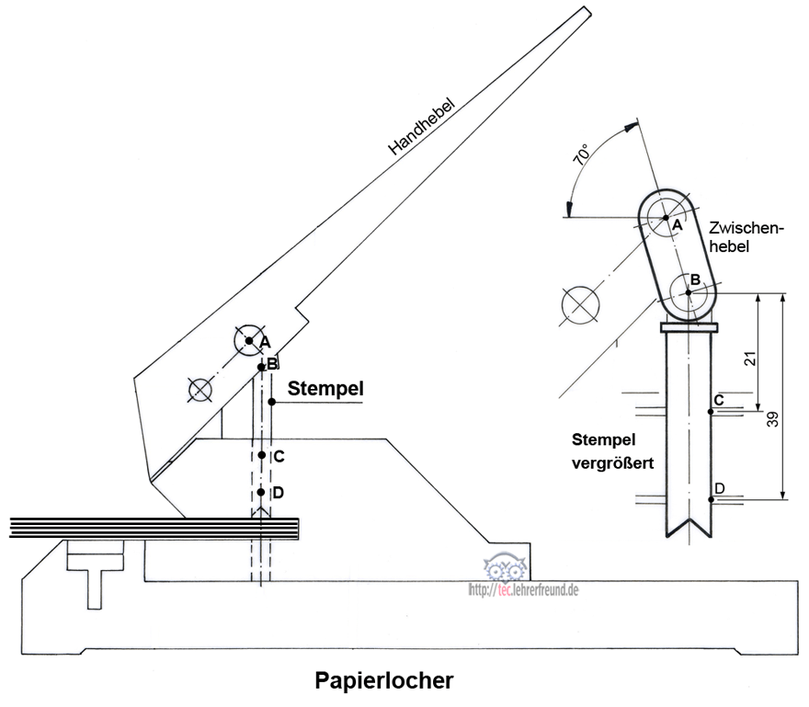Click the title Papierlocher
(x=384, y=681)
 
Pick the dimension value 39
(x=774, y=418)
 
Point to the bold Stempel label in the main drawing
(x=325, y=388)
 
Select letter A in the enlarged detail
(x=676, y=224)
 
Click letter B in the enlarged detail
(x=696, y=279)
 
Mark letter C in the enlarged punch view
(x=719, y=400)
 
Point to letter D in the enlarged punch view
(x=720, y=487)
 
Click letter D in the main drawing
(x=278, y=493)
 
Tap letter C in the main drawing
(x=278, y=456)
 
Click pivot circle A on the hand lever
(x=248, y=340)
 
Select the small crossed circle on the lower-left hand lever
(x=199, y=390)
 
